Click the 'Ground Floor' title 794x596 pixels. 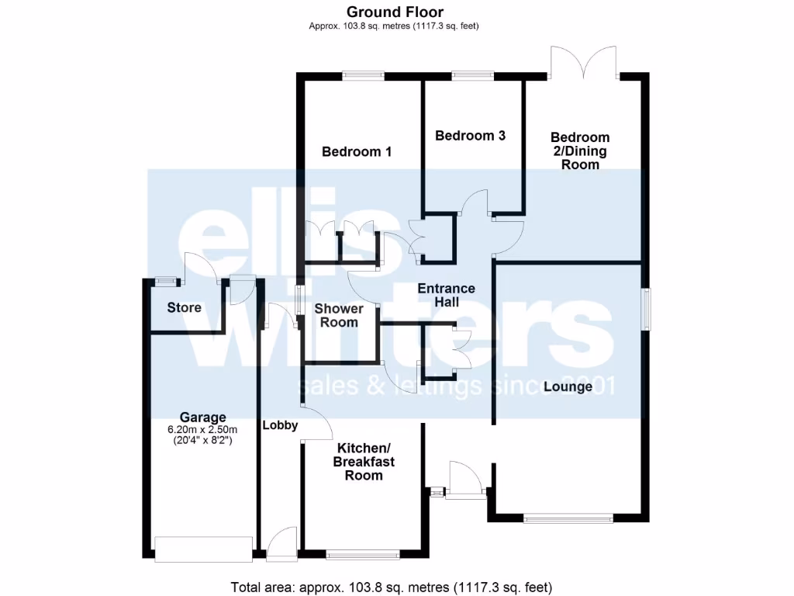[395, 12]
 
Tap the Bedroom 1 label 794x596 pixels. [357, 152]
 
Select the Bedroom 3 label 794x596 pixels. [470, 136]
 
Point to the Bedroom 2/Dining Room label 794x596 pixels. [581, 151]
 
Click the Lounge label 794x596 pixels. [568, 386]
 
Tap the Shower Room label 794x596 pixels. [338, 315]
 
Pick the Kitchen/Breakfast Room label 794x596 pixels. [364, 461]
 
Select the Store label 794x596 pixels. [184, 307]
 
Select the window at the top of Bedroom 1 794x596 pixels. [364, 75]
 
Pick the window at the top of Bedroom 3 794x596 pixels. [473, 75]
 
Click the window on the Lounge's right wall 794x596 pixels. [645, 310]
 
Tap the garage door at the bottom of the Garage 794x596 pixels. [204, 549]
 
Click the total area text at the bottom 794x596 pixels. [392, 587]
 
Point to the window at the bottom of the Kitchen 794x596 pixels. [363, 555]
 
